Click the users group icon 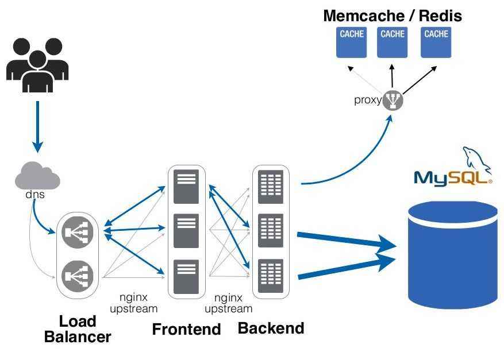(37, 64)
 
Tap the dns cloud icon (37, 175)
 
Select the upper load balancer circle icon (78, 231)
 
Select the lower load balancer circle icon (78, 276)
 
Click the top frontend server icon (186, 186)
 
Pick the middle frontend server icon (186, 231)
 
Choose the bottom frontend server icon (186, 276)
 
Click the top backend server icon (271, 186)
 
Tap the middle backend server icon (271, 231)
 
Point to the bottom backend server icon (271, 276)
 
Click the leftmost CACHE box (352, 42)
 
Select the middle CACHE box (393, 42)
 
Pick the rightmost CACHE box (436, 42)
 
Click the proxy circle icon (393, 100)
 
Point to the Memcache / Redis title (393, 16)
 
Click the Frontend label (186, 329)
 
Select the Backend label (271, 328)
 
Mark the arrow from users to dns (37, 126)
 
